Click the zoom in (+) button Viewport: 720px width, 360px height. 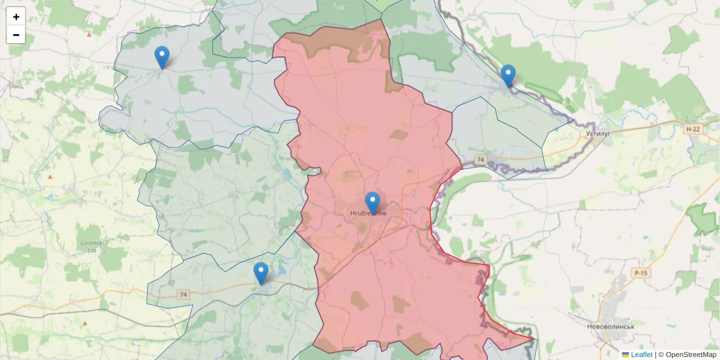[16, 17]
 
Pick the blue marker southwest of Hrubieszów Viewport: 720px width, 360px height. [260, 273]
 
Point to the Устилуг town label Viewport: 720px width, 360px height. [598, 133]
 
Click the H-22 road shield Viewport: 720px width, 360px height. [692, 129]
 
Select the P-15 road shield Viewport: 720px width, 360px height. [641, 274]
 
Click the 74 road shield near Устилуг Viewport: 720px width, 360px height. [480, 159]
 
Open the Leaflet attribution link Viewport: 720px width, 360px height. [641, 355]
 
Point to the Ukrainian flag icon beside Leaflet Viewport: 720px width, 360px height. [625, 355]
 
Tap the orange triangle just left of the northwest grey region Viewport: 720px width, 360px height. [89, 34]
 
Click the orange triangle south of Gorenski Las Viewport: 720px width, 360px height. [84, 323]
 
